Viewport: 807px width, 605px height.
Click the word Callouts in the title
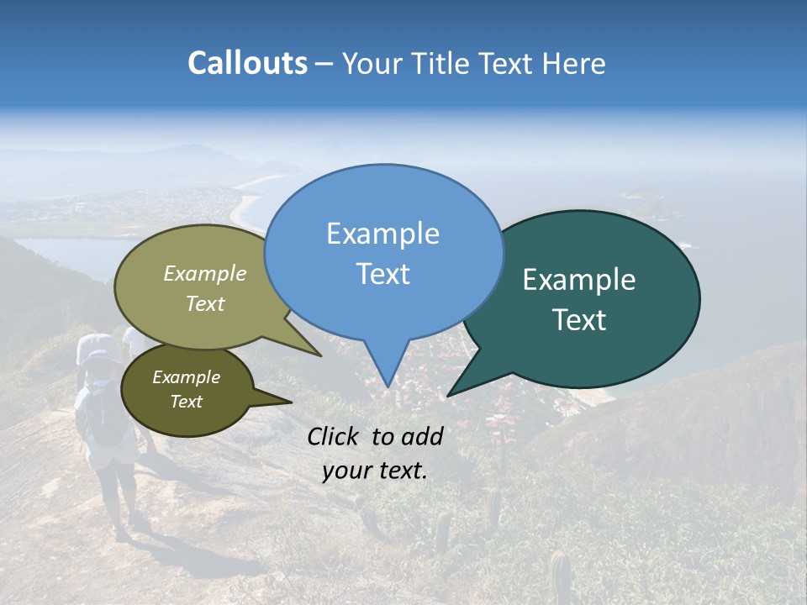pos(247,63)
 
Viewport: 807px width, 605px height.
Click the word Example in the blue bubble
pos(382,234)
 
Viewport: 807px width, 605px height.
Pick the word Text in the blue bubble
pos(382,274)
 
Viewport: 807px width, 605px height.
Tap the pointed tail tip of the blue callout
pos(387,387)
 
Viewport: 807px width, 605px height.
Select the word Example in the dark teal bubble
pos(579,280)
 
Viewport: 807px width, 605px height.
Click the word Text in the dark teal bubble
pos(579,320)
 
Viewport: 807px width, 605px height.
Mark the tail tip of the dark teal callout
pos(448,395)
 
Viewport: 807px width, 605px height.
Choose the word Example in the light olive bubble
pos(204,273)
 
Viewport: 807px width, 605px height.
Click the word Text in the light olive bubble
pos(204,303)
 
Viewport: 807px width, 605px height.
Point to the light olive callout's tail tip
pos(320,355)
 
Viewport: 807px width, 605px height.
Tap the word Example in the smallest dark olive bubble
pos(186,377)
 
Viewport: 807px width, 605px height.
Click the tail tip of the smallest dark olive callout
pos(291,402)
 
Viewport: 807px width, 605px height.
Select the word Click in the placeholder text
pos(335,436)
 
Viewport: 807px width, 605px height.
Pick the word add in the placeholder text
pos(423,436)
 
